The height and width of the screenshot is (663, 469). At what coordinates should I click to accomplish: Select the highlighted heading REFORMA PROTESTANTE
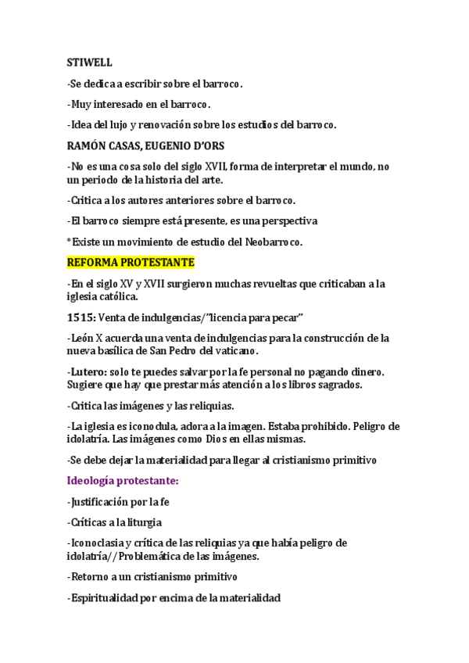pyautogui.click(x=131, y=261)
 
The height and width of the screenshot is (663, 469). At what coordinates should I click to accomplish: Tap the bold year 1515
pyautogui.click(x=81, y=317)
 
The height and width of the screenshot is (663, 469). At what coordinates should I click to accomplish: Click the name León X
pyautogui.click(x=89, y=338)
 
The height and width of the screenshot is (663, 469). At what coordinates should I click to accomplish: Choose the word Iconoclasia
pyautogui.click(x=99, y=543)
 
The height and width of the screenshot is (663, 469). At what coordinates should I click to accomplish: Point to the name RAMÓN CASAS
pyautogui.click(x=105, y=145)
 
